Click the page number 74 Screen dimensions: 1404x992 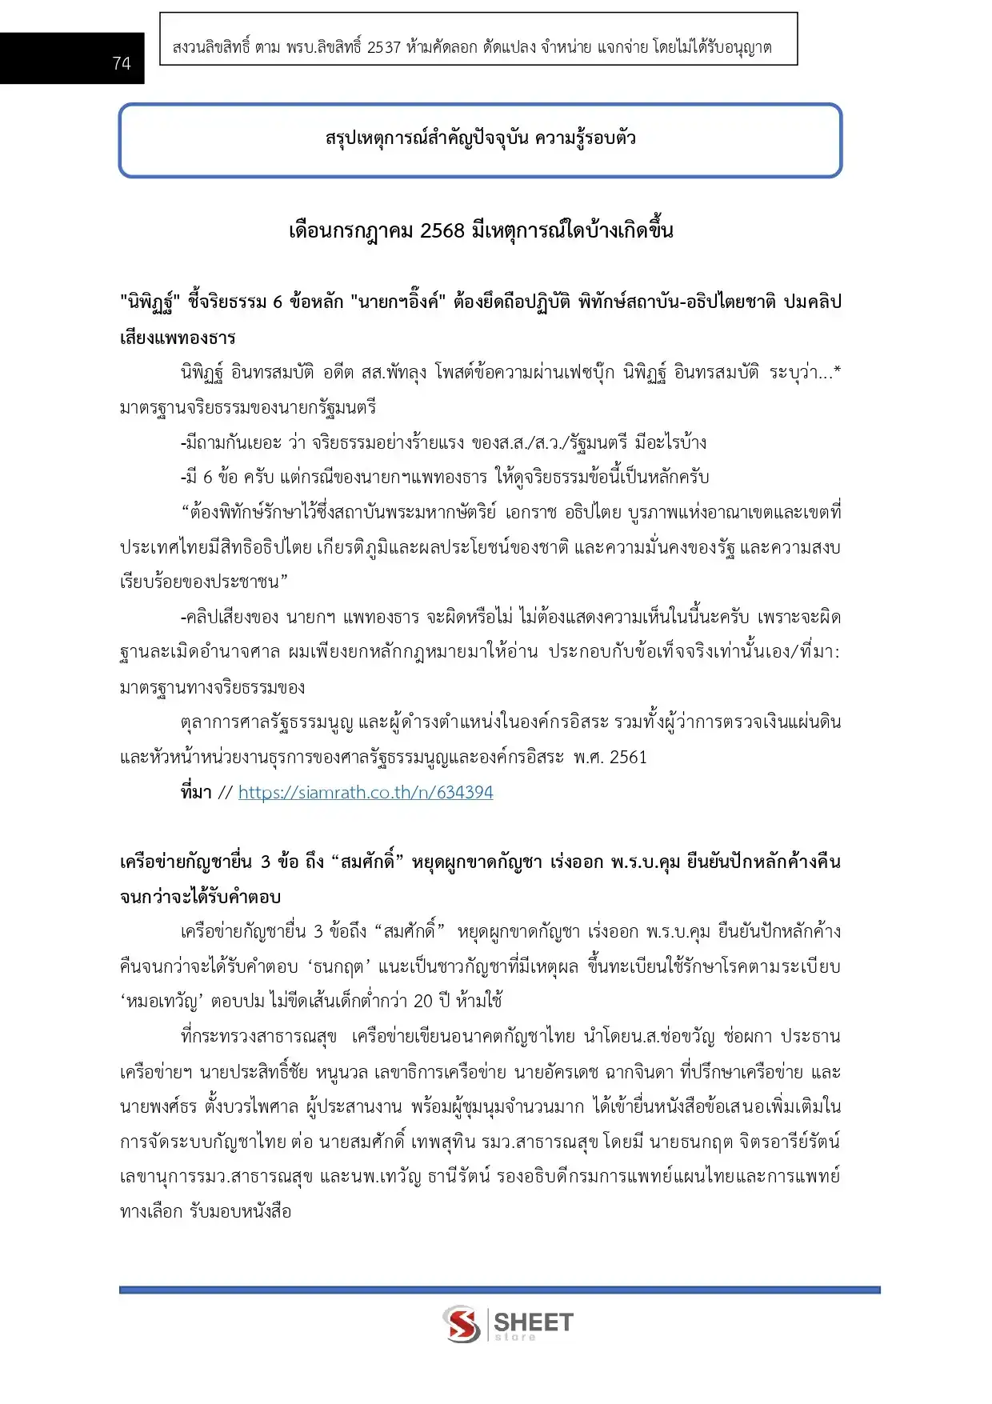pos(122,63)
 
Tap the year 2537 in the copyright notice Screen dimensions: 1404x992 pos(383,48)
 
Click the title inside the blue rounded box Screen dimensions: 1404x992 pos(480,138)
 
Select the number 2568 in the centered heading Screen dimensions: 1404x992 pos(442,231)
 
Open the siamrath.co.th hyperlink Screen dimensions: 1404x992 pos(366,793)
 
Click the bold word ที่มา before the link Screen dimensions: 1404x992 pos(196,793)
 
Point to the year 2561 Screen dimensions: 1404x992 pos(628,758)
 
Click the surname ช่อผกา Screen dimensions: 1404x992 pos(748,1037)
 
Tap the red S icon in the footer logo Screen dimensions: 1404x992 pos(462,1324)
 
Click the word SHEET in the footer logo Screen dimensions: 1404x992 pos(534,1321)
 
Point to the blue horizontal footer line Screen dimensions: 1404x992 pos(499,1290)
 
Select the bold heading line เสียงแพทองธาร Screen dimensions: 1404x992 pos(178,338)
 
